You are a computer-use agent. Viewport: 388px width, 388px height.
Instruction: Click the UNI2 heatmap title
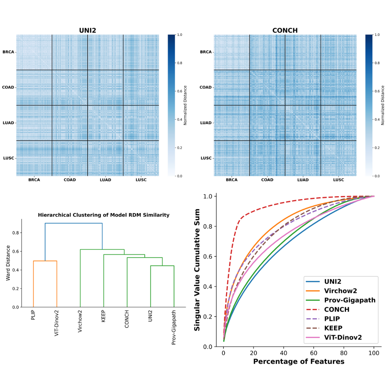pyautogui.click(x=88, y=31)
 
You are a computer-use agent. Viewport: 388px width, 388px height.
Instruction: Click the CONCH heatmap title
pyautogui.click(x=285, y=31)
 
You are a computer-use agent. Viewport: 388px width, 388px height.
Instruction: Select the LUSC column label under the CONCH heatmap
pyautogui.click(x=338, y=180)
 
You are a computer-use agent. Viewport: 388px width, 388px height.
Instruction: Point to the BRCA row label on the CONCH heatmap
pyautogui.click(x=205, y=52)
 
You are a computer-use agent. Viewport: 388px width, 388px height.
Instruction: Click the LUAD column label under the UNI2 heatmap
pyautogui.click(x=105, y=180)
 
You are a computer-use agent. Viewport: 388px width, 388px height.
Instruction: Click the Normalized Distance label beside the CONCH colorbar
pyautogui.click(x=383, y=105)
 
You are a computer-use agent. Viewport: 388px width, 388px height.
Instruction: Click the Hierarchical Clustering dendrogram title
pyautogui.click(x=104, y=215)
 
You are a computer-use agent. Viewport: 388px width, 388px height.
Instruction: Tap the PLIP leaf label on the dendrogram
pyautogui.click(x=33, y=315)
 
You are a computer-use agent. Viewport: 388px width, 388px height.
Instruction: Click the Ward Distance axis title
pyautogui.click(x=8, y=263)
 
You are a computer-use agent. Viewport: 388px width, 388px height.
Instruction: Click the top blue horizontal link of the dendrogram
pyautogui.click(x=74, y=223)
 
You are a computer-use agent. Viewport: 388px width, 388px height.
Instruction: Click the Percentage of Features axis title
pyautogui.click(x=299, y=361)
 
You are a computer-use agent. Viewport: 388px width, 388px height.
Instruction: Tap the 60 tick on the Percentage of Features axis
pyautogui.click(x=314, y=354)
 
